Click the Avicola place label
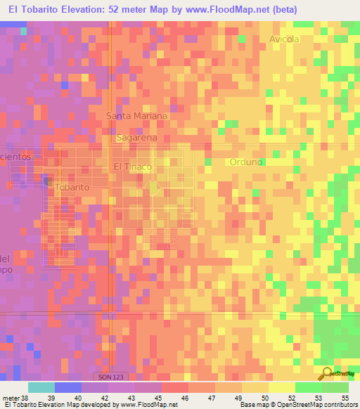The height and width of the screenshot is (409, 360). tap(284, 39)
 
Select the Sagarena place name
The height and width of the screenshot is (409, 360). tap(136, 138)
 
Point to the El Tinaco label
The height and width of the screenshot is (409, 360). tap(132, 167)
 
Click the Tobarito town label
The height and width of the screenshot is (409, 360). tap(72, 188)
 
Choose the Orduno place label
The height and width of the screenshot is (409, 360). tap(246, 162)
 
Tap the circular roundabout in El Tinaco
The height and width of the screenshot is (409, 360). tap(153, 188)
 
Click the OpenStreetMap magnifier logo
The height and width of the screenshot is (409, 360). tap(326, 374)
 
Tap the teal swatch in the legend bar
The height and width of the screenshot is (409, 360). tap(41, 387)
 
